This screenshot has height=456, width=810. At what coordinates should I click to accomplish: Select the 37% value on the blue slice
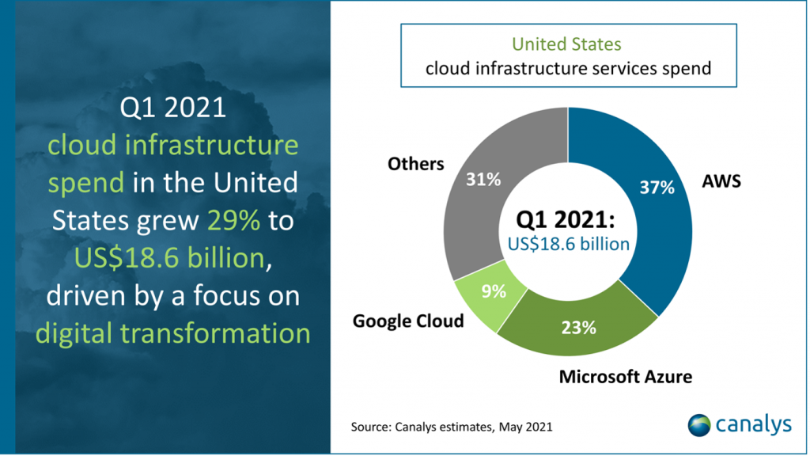tap(657, 188)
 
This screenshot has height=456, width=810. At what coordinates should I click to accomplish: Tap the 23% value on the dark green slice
tap(579, 327)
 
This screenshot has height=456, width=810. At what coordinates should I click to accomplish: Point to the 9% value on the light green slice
tap(493, 291)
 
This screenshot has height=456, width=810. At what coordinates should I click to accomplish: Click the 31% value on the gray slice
tap(483, 180)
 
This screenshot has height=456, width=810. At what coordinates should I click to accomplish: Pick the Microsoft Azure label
tap(625, 376)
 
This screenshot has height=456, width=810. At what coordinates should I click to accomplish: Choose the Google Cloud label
tap(408, 321)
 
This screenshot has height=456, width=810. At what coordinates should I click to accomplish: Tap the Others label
tap(415, 164)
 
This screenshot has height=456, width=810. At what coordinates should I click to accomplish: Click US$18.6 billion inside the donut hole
tap(568, 243)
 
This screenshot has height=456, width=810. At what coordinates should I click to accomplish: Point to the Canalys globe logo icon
tap(700, 424)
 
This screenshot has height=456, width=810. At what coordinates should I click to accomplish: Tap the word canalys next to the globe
tap(754, 424)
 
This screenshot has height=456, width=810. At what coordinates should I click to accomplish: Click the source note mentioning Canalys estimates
tap(451, 427)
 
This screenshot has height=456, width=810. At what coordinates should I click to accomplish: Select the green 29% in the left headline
tap(233, 220)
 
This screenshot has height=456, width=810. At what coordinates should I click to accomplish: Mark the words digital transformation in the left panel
tap(173, 332)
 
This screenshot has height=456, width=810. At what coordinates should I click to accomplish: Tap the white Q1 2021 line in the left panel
tap(172, 108)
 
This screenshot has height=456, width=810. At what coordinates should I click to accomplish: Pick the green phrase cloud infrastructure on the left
tap(173, 146)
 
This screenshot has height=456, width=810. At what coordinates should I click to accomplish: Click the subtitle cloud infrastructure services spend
tap(568, 68)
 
